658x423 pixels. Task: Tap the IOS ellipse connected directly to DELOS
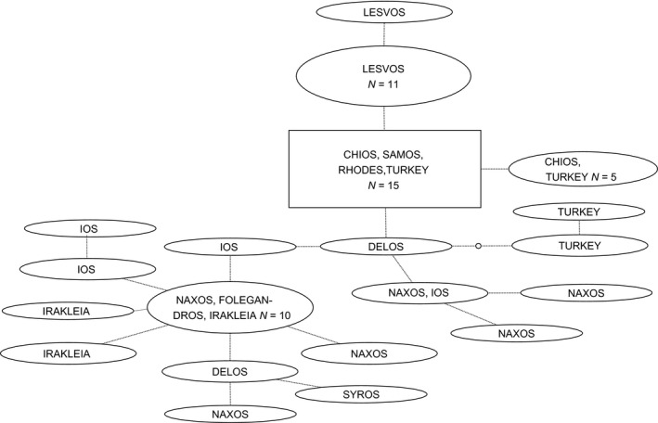229,247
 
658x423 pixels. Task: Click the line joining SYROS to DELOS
290,383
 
